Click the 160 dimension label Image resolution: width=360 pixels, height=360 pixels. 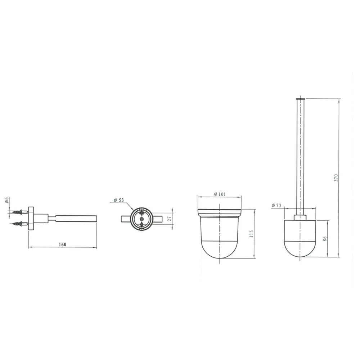[x=62, y=244]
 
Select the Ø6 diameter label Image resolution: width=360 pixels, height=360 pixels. [x=6, y=200]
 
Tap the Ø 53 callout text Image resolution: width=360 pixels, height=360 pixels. [x=119, y=200]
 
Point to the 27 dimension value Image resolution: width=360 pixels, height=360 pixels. [x=170, y=219]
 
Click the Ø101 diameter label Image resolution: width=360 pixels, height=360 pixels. [x=220, y=194]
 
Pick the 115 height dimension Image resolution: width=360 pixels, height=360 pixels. [x=251, y=234]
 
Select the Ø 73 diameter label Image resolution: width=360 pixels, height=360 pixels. [x=276, y=205]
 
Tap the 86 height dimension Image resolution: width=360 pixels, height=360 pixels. [x=325, y=239]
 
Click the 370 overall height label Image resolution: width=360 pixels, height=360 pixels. [x=336, y=178]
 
